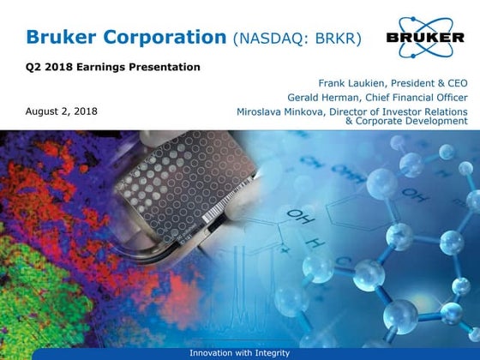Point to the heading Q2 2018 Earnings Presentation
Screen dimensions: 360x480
click(113, 67)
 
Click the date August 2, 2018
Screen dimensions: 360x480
click(62, 111)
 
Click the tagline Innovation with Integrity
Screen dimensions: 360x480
click(239, 353)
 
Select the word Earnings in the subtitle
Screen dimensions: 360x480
click(113, 67)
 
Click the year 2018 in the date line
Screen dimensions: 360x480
click(84, 111)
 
